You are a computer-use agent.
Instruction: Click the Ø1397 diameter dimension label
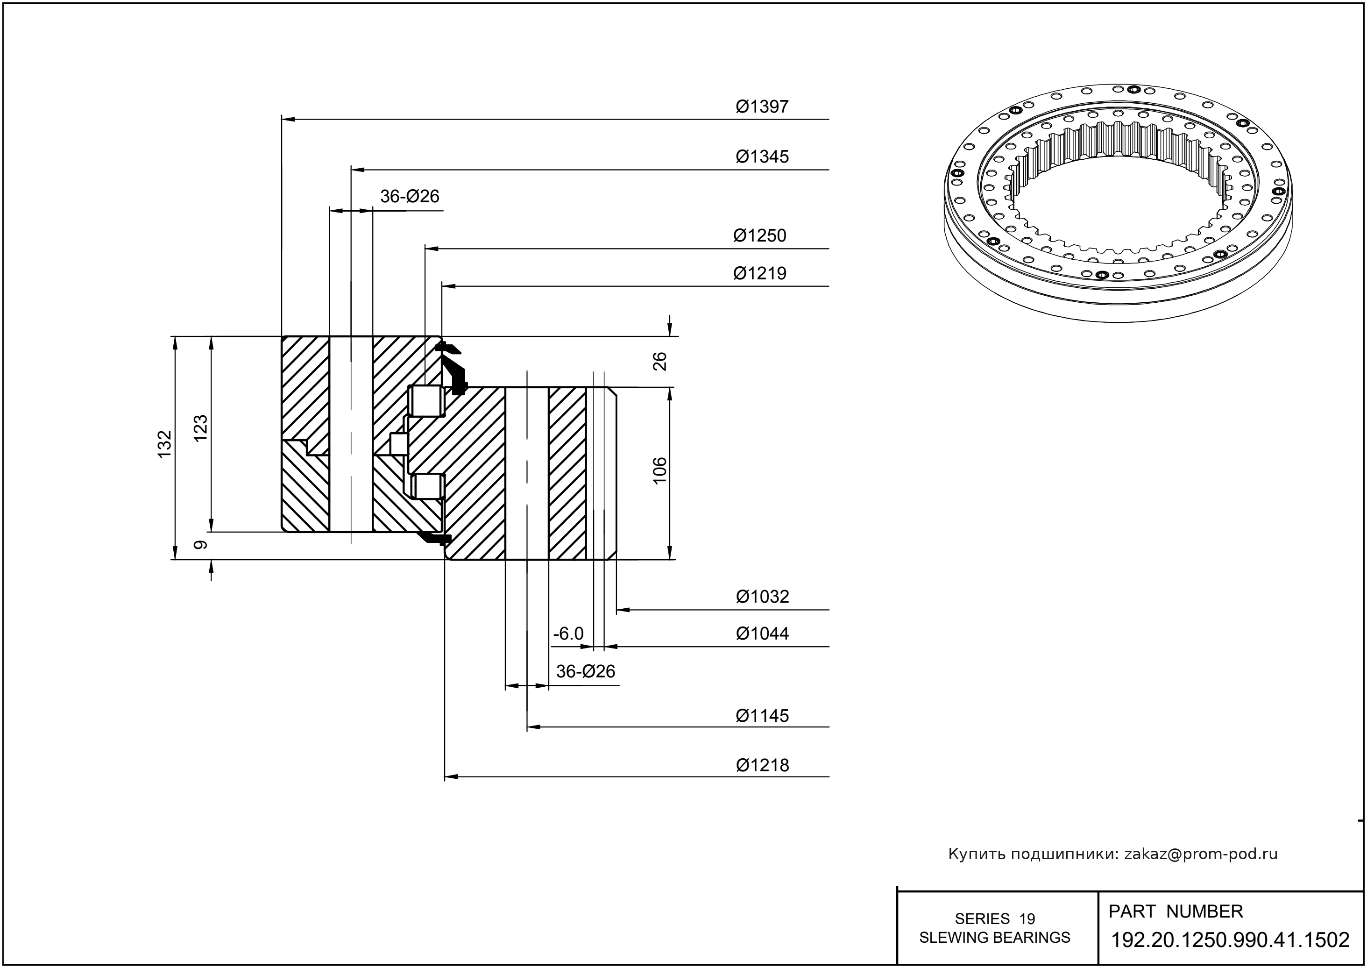pos(762,107)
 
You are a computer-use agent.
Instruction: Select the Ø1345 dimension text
pos(762,157)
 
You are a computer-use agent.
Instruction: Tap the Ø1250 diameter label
pos(760,235)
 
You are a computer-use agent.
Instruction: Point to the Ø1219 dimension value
pos(760,274)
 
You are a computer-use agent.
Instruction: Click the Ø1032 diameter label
pos(762,597)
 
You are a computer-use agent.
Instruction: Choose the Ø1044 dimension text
pos(762,633)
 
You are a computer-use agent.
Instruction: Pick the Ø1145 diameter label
pos(762,715)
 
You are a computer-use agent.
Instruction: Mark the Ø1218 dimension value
pos(762,765)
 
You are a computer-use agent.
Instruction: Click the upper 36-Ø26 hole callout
pos(410,196)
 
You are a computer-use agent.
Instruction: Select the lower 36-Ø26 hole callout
pos(585,672)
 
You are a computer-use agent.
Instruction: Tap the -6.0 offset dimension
pos(568,633)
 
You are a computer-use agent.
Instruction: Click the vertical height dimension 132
pos(164,444)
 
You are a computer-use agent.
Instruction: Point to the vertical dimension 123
pos(201,427)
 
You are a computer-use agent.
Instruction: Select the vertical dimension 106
pos(659,470)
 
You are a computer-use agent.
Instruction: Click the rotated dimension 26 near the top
pos(659,361)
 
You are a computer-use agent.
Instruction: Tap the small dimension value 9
pos(201,545)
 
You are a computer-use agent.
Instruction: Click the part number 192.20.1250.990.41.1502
pos(1231,940)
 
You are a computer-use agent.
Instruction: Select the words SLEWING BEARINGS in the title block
pos(995,938)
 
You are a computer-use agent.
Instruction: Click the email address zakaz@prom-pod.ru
pos(1201,854)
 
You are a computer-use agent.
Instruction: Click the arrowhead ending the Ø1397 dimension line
pos(288,119)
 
